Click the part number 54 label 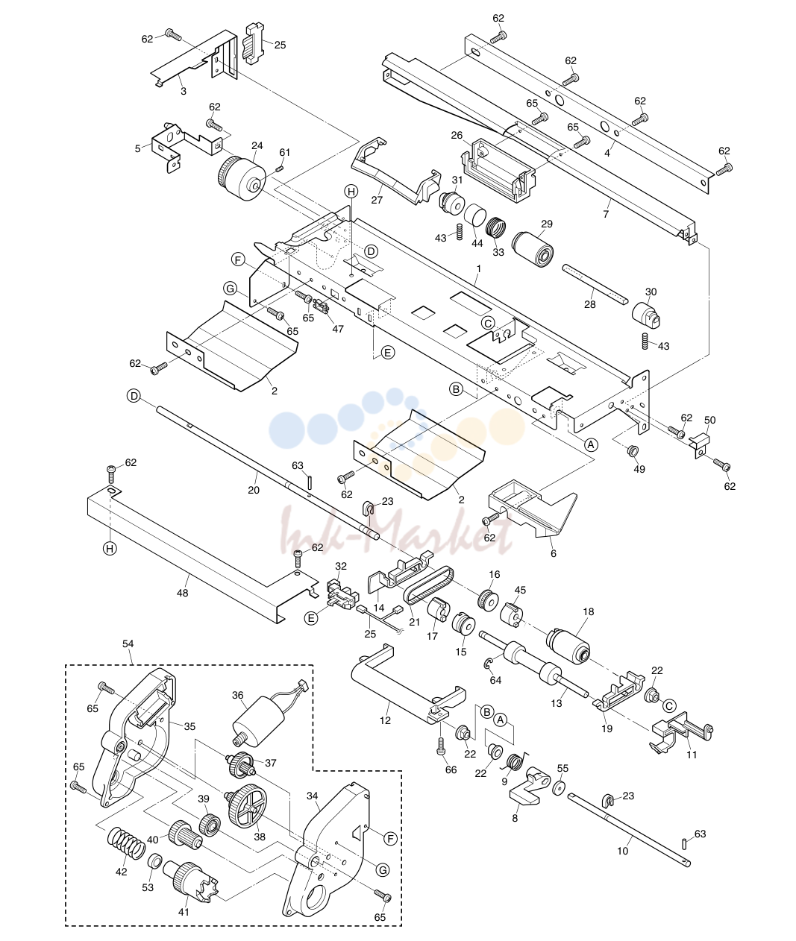[x=128, y=643]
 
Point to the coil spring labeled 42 [x=126, y=843]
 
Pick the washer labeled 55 [x=560, y=787]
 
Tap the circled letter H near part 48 [x=109, y=549]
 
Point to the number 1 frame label [x=479, y=269]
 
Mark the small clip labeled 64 [x=487, y=664]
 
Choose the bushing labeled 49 [x=633, y=451]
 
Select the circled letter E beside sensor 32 [x=311, y=618]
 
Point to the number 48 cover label [x=182, y=593]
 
